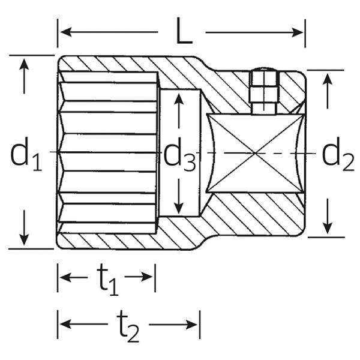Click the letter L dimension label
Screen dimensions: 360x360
pyautogui.click(x=184, y=34)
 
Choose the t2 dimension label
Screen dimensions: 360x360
pyautogui.click(x=128, y=329)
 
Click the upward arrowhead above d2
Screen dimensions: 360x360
pyautogui.click(x=327, y=79)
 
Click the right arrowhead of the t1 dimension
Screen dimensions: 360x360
pyautogui.click(x=149, y=277)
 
